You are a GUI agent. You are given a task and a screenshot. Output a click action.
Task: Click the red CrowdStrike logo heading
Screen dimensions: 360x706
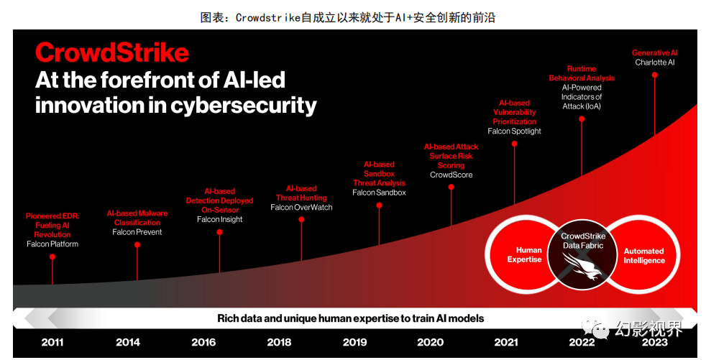[112, 52]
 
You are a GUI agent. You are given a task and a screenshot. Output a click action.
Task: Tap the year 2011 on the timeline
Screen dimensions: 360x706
[52, 342]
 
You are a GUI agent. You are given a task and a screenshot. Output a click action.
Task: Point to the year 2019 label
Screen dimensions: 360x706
[354, 342]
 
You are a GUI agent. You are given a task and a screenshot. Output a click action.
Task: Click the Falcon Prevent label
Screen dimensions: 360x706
[137, 232]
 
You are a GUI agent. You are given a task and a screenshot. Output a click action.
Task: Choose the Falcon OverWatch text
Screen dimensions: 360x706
[301, 208]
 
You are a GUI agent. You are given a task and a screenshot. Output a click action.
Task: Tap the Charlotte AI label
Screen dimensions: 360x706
[654, 63]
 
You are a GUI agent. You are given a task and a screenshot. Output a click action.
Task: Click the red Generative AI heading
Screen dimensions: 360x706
[654, 53]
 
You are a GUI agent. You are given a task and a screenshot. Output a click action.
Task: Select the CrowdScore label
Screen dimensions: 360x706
[451, 175]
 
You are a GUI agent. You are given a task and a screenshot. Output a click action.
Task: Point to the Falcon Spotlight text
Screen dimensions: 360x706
[514, 131]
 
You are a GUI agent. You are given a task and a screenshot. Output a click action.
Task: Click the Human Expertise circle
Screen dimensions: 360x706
[523, 255]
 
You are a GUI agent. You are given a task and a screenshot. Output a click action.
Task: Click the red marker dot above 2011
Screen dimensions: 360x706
[52, 257]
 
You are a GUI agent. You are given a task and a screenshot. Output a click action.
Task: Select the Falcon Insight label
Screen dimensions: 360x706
[219, 220]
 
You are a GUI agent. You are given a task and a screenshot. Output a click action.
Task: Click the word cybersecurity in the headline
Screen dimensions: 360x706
[244, 106]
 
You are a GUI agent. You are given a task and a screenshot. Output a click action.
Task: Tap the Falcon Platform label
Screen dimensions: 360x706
[52, 244]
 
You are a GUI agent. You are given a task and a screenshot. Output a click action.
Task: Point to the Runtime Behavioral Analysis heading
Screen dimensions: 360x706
[582, 73]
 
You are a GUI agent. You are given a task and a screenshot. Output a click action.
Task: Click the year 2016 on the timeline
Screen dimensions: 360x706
[203, 342]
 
